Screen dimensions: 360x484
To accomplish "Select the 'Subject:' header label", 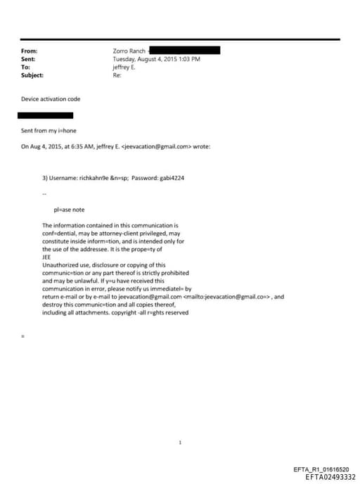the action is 32,75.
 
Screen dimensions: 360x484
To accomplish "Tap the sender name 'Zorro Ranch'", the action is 129,51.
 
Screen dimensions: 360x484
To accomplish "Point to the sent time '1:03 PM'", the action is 187,59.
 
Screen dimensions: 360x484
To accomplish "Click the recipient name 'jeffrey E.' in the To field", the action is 125,67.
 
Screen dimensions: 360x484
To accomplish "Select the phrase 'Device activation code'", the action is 51,99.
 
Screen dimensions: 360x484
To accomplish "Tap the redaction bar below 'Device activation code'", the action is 45,115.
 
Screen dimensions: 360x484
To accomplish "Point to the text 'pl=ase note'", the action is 69,210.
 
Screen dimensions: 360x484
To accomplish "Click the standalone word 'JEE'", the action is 46,257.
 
